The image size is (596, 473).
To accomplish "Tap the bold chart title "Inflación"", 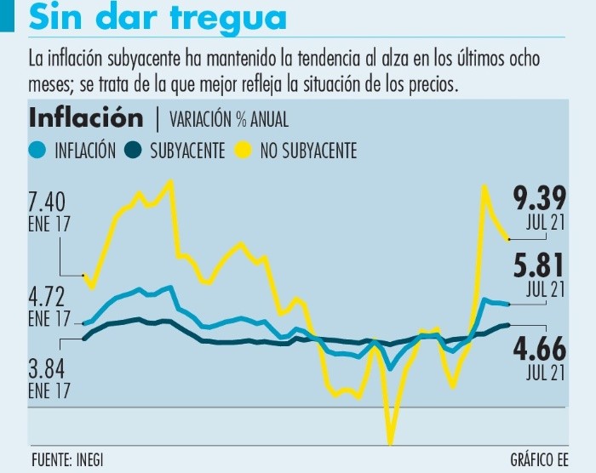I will pyautogui.click(x=86, y=117).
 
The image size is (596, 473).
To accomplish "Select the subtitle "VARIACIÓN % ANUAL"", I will pyautogui.click(x=228, y=118).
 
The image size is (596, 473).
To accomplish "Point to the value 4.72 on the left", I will pyautogui.click(x=47, y=298).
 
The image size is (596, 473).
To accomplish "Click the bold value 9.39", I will pyautogui.click(x=539, y=198).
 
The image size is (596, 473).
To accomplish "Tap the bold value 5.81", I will pyautogui.click(x=539, y=267).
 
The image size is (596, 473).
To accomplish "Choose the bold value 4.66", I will pyautogui.click(x=539, y=349).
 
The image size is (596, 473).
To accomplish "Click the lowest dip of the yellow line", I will pyautogui.click(x=391, y=443).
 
